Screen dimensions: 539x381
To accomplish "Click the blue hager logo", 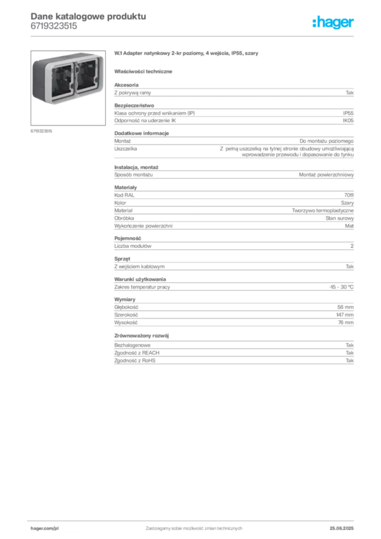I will tap(334, 23).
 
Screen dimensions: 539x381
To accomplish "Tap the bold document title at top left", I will tap(87, 15).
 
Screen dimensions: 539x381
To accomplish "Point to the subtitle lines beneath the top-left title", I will tap(55, 30).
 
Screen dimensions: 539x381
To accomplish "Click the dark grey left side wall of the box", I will tap(35, 82).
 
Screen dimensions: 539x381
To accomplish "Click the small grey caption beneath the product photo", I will tap(42, 130).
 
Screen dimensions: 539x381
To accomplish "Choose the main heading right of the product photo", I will tap(187, 54).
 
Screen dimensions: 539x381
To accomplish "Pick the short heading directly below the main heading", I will tap(145, 71).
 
